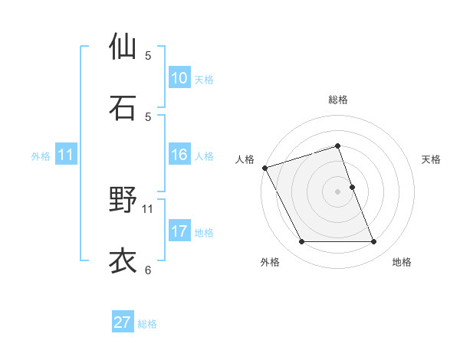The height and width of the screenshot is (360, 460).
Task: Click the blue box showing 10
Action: [179, 78]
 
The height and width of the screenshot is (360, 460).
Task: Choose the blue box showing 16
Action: [179, 155]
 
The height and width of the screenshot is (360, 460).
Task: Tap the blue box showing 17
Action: [179, 231]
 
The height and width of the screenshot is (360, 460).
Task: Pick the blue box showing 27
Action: [123, 322]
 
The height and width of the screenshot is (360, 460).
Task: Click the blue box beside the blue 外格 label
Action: [66, 155]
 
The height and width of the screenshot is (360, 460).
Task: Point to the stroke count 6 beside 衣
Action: [148, 270]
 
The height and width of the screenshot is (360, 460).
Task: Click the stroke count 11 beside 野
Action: [148, 208]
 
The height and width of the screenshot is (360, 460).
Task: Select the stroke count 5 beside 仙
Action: [148, 55]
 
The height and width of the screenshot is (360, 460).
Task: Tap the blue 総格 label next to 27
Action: [147, 324]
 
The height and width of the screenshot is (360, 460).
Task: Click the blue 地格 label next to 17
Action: [204, 233]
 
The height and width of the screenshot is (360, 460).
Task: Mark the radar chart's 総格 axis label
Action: [338, 100]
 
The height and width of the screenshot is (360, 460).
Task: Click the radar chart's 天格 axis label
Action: [432, 159]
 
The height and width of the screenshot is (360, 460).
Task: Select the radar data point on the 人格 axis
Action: [265, 168]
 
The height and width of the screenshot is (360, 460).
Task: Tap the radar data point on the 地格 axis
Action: [374, 242]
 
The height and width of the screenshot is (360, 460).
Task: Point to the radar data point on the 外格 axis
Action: [301, 242]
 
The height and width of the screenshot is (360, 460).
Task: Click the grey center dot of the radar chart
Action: [338, 191]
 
